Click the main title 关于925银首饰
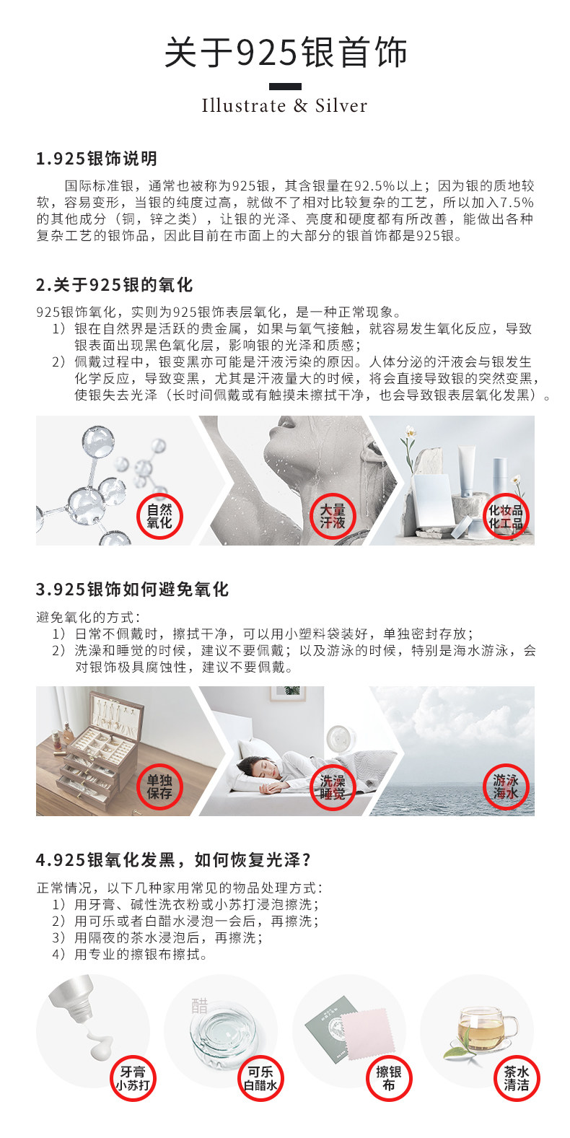(286, 53)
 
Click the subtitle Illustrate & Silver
(284, 105)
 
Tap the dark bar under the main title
(285, 87)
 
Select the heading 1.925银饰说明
(97, 159)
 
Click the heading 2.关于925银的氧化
(114, 285)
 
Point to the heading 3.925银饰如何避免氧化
(132, 590)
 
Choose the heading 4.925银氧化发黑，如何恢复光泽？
(173, 860)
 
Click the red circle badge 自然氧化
(159, 516)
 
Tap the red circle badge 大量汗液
(333, 516)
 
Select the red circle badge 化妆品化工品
(506, 516)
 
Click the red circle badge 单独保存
(159, 787)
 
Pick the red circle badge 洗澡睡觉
(333, 787)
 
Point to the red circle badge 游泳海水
(506, 787)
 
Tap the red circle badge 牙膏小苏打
(133, 1079)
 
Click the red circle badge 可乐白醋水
(260, 1079)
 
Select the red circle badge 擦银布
(389, 1079)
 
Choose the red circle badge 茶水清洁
(516, 1079)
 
